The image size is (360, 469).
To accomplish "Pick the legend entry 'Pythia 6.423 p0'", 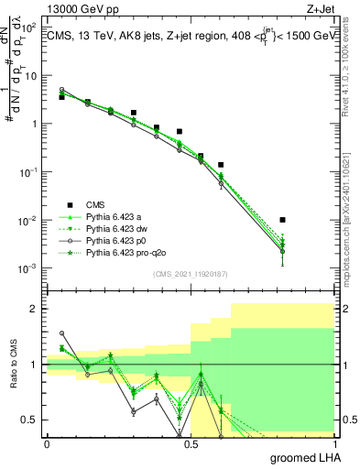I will (119, 241).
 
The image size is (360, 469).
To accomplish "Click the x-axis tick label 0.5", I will (190, 444).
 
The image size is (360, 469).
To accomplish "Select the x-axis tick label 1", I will (333, 444).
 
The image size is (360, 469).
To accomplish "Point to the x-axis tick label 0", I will (47, 444).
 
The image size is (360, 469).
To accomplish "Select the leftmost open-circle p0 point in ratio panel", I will (61, 333).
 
